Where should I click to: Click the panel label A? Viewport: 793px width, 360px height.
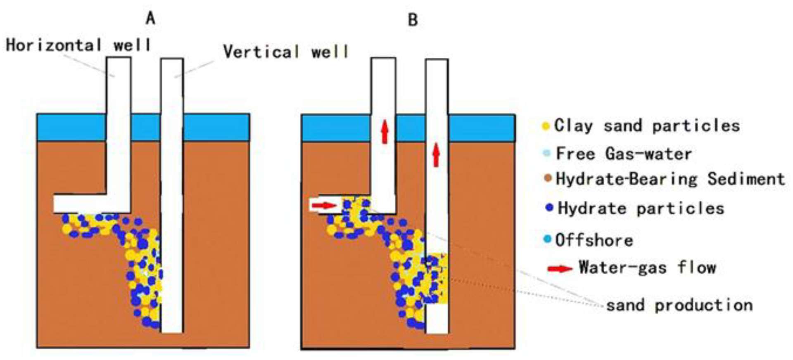pos(151,18)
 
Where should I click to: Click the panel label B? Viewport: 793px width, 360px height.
pos(413,20)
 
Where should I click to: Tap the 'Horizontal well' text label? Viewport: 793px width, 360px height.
pos(78,45)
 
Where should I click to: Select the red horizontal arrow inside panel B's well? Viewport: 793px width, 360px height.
pos(324,205)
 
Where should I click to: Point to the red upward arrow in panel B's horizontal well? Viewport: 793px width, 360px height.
pos(385,131)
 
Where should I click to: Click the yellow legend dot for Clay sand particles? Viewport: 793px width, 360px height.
pos(546,126)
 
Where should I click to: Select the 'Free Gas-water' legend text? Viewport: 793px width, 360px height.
pos(624,154)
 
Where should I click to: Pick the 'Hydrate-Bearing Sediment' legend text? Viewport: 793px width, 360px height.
pos(670,179)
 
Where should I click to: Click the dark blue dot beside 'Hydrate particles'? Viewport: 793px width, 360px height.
pos(549,207)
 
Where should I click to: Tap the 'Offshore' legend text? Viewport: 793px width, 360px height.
pos(594,240)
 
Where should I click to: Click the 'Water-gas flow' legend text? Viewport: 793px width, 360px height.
pos(647,268)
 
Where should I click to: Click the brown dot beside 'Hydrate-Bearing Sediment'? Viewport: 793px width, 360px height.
pos(548,179)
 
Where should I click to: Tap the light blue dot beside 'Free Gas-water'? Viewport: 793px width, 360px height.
pos(547,154)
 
